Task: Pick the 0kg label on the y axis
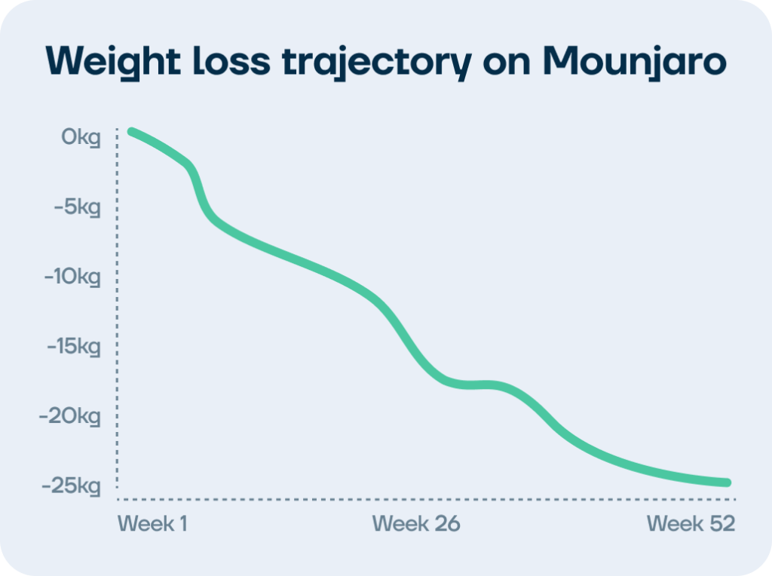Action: [81, 138]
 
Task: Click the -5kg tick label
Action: [76, 207]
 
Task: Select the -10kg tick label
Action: [72, 277]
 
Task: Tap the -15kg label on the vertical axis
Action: [72, 347]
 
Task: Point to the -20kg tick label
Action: [72, 416]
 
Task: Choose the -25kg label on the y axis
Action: [72, 486]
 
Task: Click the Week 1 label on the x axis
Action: [152, 523]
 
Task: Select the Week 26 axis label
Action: [415, 523]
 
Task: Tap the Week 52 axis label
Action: [691, 523]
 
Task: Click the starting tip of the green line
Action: [131, 132]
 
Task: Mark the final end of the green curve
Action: [728, 483]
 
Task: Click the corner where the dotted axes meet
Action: [118, 499]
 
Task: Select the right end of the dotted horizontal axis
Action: [734, 499]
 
